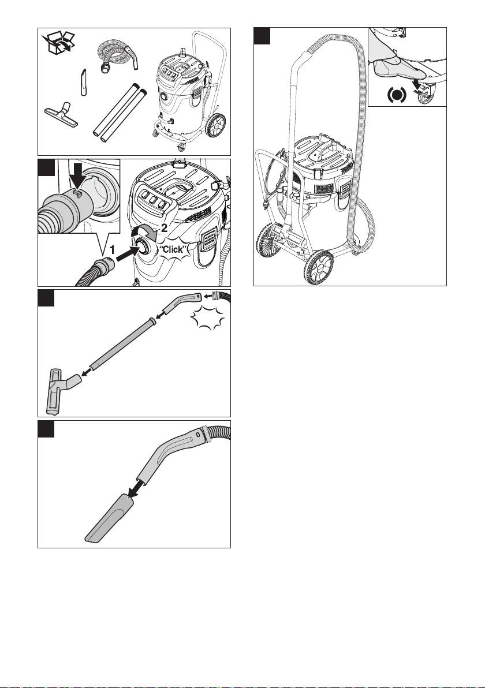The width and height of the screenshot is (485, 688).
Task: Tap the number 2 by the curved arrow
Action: (164, 227)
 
